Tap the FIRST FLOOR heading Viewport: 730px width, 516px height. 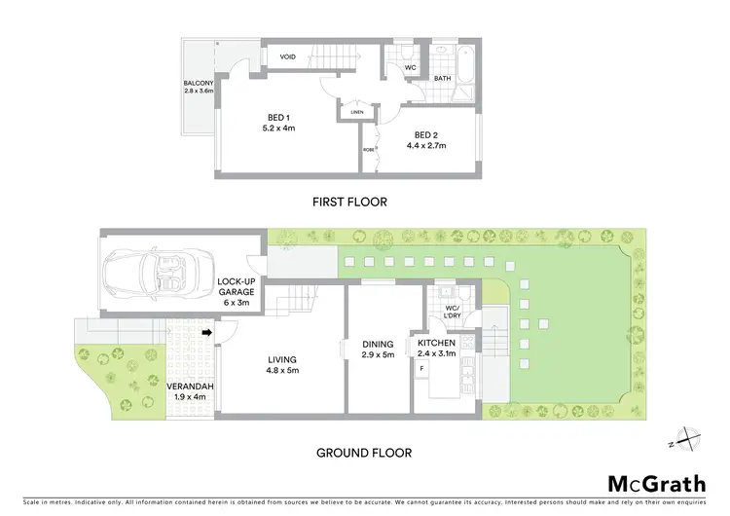348,203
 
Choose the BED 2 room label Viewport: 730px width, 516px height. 429,140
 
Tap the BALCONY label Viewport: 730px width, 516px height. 199,88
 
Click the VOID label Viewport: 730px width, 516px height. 288,57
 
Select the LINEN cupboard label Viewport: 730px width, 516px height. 356,113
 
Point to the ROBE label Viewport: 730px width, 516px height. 368,151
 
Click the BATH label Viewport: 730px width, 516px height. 442,78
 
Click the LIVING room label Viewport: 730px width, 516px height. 283,365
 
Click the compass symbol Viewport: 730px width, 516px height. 687,440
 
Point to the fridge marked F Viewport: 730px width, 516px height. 421,369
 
